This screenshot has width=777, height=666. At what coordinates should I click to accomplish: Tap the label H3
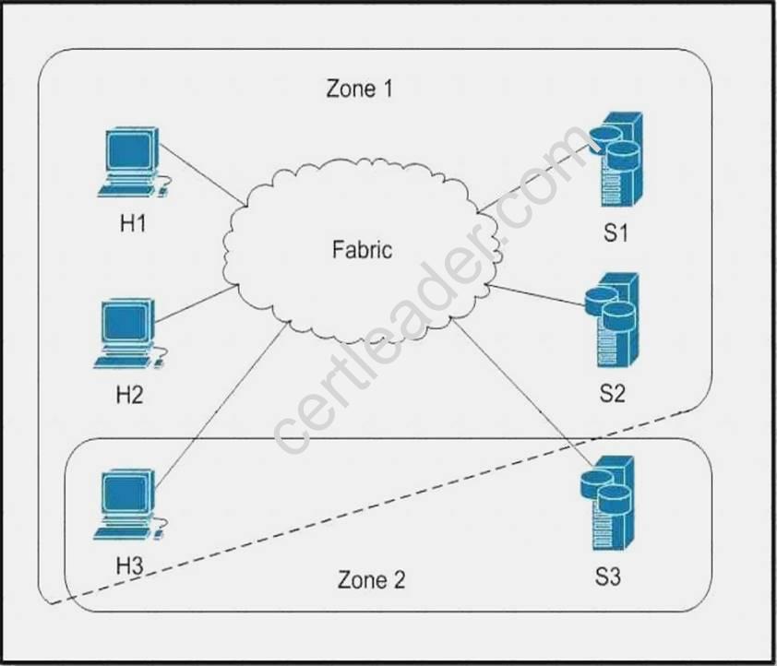click(x=130, y=565)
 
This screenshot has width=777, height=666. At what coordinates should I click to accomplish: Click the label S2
click(x=612, y=394)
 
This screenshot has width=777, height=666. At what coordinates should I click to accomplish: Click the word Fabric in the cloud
click(x=362, y=249)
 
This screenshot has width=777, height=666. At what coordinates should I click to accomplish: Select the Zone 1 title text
click(x=365, y=89)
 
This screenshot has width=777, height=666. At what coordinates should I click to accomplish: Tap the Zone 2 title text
click(x=371, y=580)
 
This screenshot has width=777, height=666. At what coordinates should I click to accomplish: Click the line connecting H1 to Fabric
click(x=204, y=178)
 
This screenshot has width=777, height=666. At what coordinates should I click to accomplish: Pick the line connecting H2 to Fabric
click(x=195, y=305)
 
